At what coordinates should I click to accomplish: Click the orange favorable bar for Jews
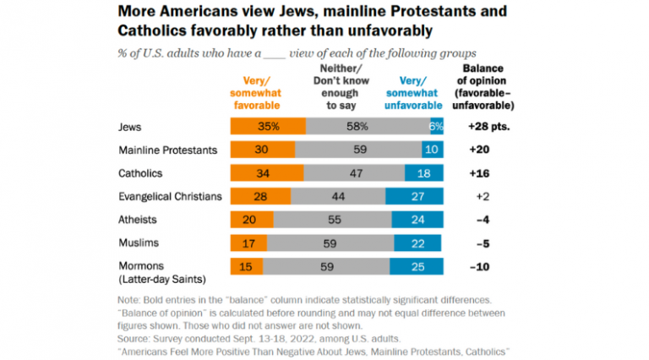click(x=268, y=127)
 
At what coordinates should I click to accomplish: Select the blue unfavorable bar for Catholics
click(x=424, y=173)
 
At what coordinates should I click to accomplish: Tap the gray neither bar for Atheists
click(x=332, y=220)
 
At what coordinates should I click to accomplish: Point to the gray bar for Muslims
click(x=329, y=243)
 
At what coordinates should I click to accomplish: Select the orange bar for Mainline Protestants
click(x=263, y=150)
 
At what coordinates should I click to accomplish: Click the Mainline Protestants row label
click(x=170, y=150)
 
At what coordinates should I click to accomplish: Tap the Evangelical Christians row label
click(x=172, y=196)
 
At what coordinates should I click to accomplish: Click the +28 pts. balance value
click(x=490, y=127)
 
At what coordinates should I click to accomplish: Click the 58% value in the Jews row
click(x=357, y=127)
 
